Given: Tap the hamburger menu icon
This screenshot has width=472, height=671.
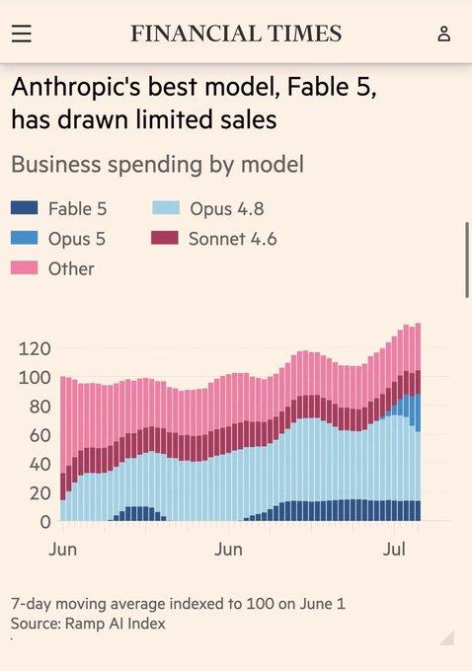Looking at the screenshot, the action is coord(22,34).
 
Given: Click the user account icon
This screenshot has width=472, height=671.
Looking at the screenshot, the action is coord(444,34).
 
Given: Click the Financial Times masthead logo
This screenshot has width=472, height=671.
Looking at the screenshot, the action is coord(236,34).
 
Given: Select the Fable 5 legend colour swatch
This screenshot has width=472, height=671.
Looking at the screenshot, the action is coord(25,208).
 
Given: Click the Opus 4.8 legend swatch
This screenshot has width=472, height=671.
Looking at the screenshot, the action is coord(166,208).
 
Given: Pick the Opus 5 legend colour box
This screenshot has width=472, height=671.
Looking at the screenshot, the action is coord(25,238).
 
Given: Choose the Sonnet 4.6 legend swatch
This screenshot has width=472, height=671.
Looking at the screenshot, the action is coord(165,238).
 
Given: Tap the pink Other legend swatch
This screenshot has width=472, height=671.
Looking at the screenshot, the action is coord(25,267).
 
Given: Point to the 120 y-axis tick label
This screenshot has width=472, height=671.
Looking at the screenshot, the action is coord(35,349).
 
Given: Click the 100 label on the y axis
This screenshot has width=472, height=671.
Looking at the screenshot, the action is coord(35,378).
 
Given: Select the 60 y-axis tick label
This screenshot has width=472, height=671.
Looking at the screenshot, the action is coord(39,435).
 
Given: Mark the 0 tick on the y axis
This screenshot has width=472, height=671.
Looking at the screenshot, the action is coord(45,523).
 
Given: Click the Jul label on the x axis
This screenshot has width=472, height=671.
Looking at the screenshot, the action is coord(394,549).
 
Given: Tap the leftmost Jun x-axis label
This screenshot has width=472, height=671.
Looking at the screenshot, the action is coord(62,549).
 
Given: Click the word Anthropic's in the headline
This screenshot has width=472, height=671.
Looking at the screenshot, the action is coord(79,87).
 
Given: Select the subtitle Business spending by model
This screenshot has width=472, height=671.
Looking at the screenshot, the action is coord(158,165).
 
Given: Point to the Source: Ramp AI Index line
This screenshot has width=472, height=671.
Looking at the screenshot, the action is coord(88,624).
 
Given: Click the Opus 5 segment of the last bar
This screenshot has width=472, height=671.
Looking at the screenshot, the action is coord(418,412).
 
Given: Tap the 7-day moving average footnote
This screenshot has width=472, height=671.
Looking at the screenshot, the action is coord(178,604).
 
